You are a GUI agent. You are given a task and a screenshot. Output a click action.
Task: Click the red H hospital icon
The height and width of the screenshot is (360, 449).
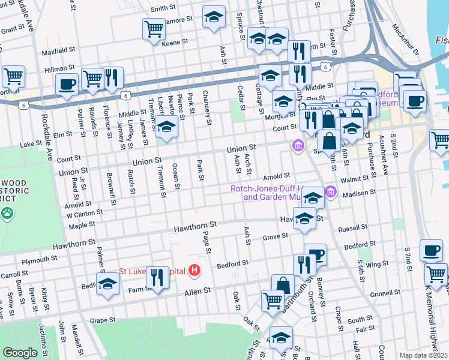194,271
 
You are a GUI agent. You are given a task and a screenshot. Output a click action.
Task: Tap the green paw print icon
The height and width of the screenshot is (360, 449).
7,212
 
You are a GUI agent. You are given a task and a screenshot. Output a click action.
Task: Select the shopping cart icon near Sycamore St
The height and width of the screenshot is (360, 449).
154,28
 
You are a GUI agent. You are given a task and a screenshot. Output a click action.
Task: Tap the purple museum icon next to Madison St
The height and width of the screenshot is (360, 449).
330,193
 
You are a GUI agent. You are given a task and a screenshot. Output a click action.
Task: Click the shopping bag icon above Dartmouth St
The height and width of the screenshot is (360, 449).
283,284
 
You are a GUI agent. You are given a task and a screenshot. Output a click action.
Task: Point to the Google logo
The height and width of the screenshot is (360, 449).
20,352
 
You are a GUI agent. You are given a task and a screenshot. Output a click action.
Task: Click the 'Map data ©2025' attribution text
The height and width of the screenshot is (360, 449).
423,355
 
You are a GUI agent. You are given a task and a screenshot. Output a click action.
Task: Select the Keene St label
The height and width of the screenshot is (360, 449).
175,43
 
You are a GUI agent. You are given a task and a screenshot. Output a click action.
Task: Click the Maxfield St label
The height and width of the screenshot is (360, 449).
58,52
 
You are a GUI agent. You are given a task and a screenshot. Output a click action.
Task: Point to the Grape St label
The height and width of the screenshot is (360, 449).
102,320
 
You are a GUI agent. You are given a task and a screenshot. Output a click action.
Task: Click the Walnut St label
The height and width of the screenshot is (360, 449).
354,178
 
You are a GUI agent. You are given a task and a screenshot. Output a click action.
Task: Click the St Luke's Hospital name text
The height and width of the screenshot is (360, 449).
152,271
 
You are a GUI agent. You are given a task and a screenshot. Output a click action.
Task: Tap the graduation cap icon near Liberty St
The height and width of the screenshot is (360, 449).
167,127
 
